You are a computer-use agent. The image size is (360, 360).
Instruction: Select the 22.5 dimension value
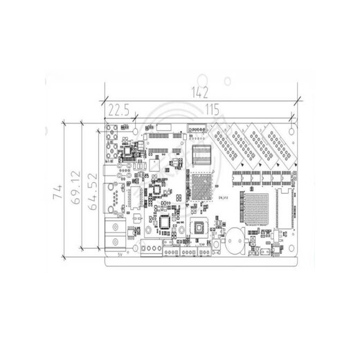(119, 109)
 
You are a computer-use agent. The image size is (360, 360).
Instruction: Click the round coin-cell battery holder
(236, 241)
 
